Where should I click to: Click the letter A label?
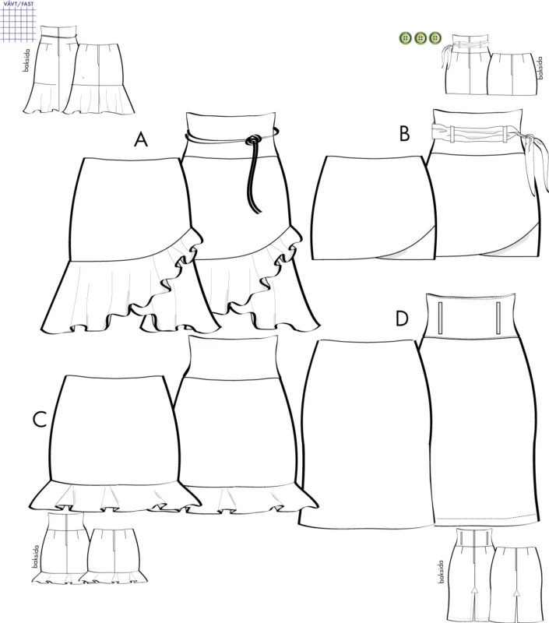141,139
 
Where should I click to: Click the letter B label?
404,133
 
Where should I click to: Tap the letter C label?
40,419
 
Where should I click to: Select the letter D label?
402,319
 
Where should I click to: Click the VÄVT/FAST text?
19,4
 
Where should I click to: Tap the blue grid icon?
18,24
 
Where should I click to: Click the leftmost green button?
406,38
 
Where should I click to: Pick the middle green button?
421,38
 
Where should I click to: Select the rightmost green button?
435,38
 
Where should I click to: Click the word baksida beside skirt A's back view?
26,61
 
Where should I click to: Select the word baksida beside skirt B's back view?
539,68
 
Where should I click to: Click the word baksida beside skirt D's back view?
441,572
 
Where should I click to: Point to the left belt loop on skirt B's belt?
453,134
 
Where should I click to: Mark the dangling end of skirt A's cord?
259,210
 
